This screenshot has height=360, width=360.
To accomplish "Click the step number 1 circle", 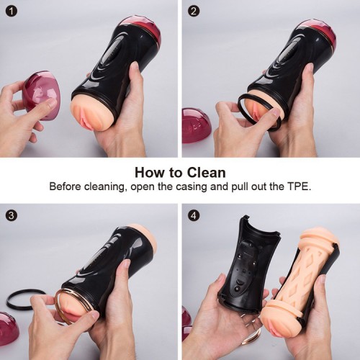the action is point(12,12).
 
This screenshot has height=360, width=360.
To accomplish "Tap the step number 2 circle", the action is point(194,12).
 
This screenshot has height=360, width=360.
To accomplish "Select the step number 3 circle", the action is point(12,215).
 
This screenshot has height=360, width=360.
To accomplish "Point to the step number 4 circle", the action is point(194,215).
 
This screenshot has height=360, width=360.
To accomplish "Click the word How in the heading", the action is point(148,173).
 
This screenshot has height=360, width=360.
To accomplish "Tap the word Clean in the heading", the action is point(207,173).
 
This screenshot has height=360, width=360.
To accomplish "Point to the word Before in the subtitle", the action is point(65,186).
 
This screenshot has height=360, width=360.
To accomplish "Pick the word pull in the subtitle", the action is point(239,187).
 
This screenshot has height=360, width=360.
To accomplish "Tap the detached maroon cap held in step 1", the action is point(41,92).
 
